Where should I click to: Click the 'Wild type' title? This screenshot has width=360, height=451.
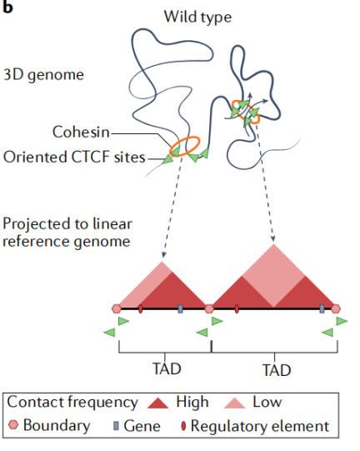tap(197, 18)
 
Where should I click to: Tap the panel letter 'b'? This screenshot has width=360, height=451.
tap(7, 7)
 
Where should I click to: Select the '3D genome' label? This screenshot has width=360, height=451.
tap(43, 75)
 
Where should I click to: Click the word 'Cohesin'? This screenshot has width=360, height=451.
tap(81, 132)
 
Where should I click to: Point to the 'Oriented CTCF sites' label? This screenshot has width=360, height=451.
tap(74, 157)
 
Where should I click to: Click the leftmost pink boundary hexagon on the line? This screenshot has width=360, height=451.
tap(117, 308)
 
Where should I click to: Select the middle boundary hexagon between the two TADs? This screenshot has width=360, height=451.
tap(209, 308)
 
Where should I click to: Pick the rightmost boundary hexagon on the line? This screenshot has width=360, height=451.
tap(336, 308)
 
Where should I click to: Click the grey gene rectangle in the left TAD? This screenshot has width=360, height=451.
tap(180, 308)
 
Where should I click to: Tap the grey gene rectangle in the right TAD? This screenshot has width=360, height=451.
tap(322, 308)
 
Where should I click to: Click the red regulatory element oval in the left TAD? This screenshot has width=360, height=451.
tap(140, 309)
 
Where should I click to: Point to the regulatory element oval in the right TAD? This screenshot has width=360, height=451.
tap(237, 309)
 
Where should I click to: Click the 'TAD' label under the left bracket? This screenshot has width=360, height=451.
tap(167, 368)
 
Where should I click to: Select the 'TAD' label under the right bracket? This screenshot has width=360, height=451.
tap(277, 370)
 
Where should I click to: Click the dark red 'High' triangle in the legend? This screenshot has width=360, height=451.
tap(157, 403)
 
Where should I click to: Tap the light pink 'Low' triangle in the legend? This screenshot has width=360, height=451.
tap(235, 403)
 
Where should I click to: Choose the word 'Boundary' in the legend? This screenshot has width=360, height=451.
tap(57, 426)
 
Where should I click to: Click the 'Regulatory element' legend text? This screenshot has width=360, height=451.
tap(260, 426)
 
